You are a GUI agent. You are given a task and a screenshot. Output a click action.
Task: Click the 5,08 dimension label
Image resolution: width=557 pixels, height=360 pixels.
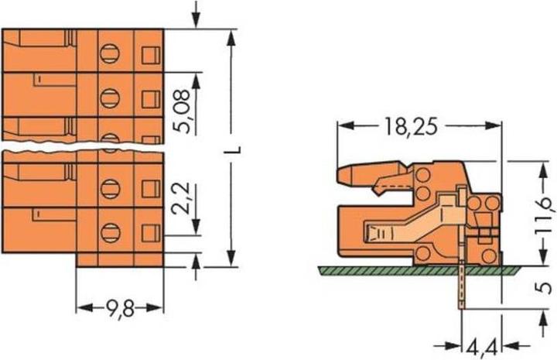click(x=183, y=114)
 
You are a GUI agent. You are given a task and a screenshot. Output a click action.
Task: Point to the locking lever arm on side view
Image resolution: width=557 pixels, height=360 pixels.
click(x=371, y=176)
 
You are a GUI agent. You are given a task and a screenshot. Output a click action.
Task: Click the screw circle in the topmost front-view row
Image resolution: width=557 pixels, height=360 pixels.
click(x=110, y=53)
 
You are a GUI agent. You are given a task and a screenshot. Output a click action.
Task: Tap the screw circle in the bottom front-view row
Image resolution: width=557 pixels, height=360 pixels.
click(x=110, y=230)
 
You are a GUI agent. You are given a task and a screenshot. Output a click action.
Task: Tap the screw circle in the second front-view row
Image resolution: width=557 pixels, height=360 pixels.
click(x=110, y=97)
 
